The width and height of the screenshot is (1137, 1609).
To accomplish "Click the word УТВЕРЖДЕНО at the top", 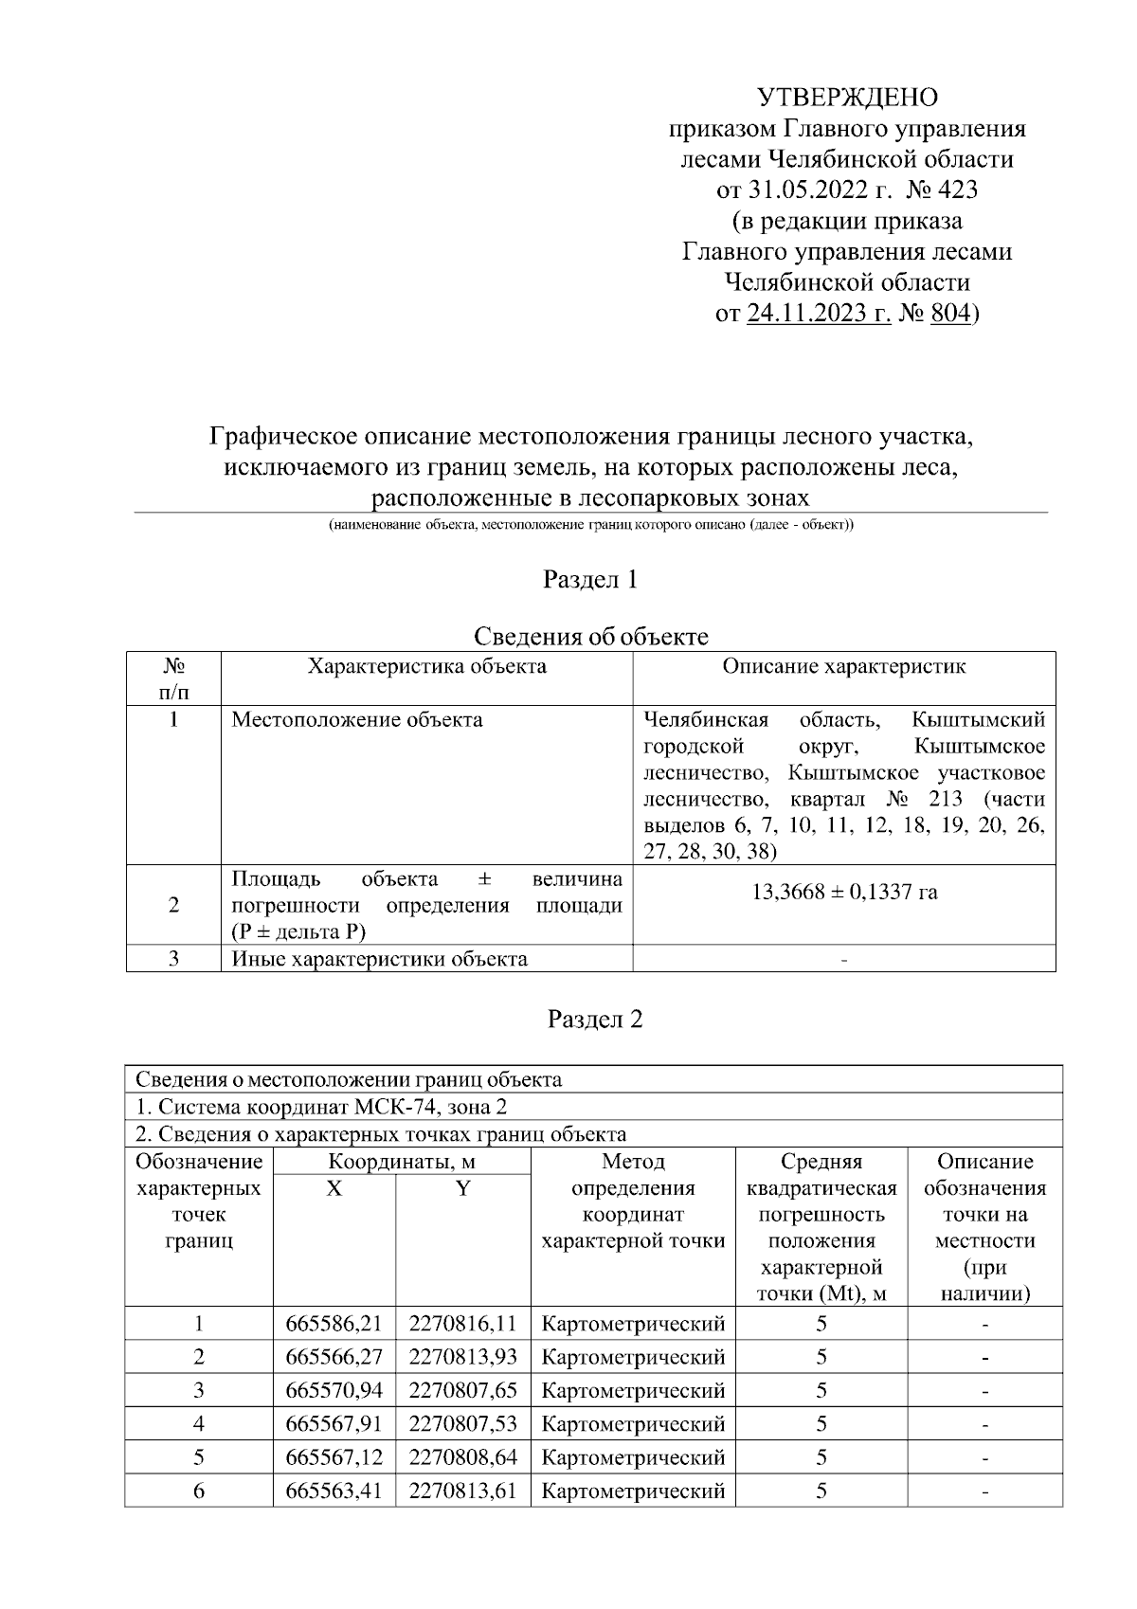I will pyautogui.click(x=847, y=98).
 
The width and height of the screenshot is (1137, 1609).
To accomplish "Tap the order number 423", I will pyautogui.click(x=956, y=190).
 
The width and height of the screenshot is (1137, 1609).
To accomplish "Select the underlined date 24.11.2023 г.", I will pyautogui.click(x=819, y=313).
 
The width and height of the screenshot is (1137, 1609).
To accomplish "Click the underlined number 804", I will pyautogui.click(x=950, y=313).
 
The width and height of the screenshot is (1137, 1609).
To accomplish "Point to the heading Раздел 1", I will pyautogui.click(x=590, y=579).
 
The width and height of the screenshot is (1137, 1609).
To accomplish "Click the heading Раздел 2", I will pyautogui.click(x=595, y=1019).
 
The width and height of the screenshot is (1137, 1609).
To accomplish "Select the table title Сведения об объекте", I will pyautogui.click(x=590, y=636).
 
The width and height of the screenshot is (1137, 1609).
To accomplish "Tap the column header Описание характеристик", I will pyautogui.click(x=843, y=666).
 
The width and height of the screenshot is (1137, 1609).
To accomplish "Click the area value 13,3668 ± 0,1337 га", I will pyautogui.click(x=843, y=892).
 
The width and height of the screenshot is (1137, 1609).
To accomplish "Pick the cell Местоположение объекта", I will pyautogui.click(x=357, y=719).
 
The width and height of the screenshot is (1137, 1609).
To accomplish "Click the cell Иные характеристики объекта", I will pyautogui.click(x=379, y=959).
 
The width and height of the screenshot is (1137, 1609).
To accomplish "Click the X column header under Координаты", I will pyautogui.click(x=334, y=1188).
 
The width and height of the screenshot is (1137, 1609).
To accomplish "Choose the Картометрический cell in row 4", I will pyautogui.click(x=632, y=1423).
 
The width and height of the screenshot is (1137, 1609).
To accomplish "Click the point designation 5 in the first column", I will pyautogui.click(x=199, y=1456).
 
